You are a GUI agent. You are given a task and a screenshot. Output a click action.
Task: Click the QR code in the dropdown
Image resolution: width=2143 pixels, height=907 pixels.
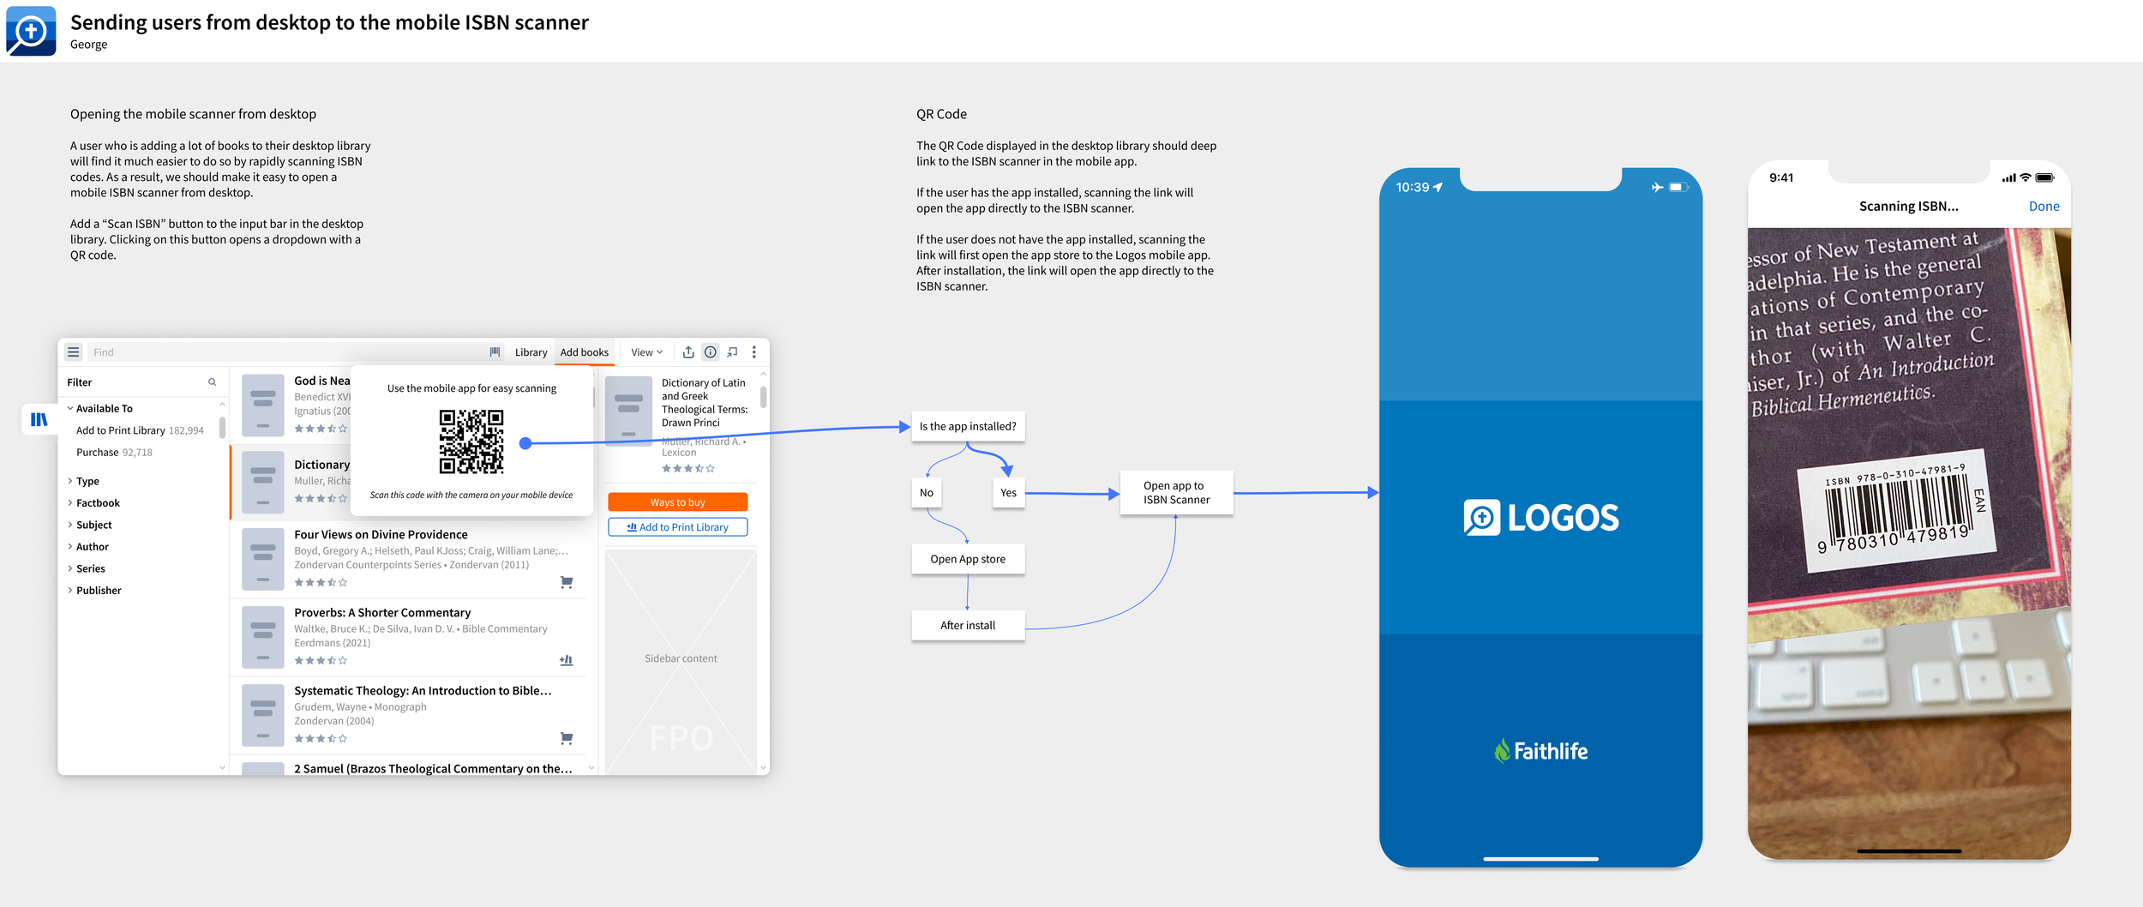(x=471, y=441)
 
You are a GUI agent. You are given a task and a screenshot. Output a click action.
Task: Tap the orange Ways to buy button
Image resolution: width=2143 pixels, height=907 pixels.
(x=677, y=502)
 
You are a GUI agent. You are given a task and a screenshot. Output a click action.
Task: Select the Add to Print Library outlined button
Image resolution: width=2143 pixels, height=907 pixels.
(x=677, y=527)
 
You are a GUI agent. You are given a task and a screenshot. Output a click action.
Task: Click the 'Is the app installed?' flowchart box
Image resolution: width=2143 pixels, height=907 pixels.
(x=968, y=426)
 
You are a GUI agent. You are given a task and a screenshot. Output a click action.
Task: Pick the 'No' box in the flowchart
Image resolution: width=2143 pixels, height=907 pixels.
(x=927, y=493)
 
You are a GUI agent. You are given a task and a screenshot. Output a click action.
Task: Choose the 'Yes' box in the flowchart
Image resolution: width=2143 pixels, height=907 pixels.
(x=1008, y=493)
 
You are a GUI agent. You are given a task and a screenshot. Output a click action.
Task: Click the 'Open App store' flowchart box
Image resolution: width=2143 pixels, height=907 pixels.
(x=968, y=559)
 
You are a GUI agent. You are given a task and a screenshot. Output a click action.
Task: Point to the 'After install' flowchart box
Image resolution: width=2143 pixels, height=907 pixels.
(x=968, y=626)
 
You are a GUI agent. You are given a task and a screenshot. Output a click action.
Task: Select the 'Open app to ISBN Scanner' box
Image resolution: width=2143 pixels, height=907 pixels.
(x=1176, y=493)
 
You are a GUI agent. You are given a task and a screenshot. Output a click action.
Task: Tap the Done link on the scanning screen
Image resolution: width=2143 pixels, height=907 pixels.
(x=2044, y=207)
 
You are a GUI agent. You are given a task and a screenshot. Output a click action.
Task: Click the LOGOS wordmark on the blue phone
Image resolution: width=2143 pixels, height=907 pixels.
(x=1562, y=518)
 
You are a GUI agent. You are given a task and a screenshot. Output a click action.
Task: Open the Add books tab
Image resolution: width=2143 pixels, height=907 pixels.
(x=585, y=352)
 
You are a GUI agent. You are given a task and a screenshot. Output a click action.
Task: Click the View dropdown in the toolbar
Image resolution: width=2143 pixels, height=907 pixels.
(x=647, y=352)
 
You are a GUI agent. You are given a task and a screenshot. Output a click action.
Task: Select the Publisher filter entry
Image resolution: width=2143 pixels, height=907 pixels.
(x=99, y=591)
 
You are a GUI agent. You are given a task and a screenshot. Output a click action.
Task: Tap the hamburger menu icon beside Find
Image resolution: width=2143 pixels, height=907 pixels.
(x=74, y=352)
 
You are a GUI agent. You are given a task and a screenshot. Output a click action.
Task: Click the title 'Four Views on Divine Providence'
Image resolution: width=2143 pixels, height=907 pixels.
(x=381, y=535)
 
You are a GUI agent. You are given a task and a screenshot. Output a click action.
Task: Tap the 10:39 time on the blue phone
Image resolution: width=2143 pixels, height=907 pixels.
(x=1413, y=188)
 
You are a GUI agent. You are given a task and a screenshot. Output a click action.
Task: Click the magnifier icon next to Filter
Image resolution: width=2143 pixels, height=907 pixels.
(x=212, y=382)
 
